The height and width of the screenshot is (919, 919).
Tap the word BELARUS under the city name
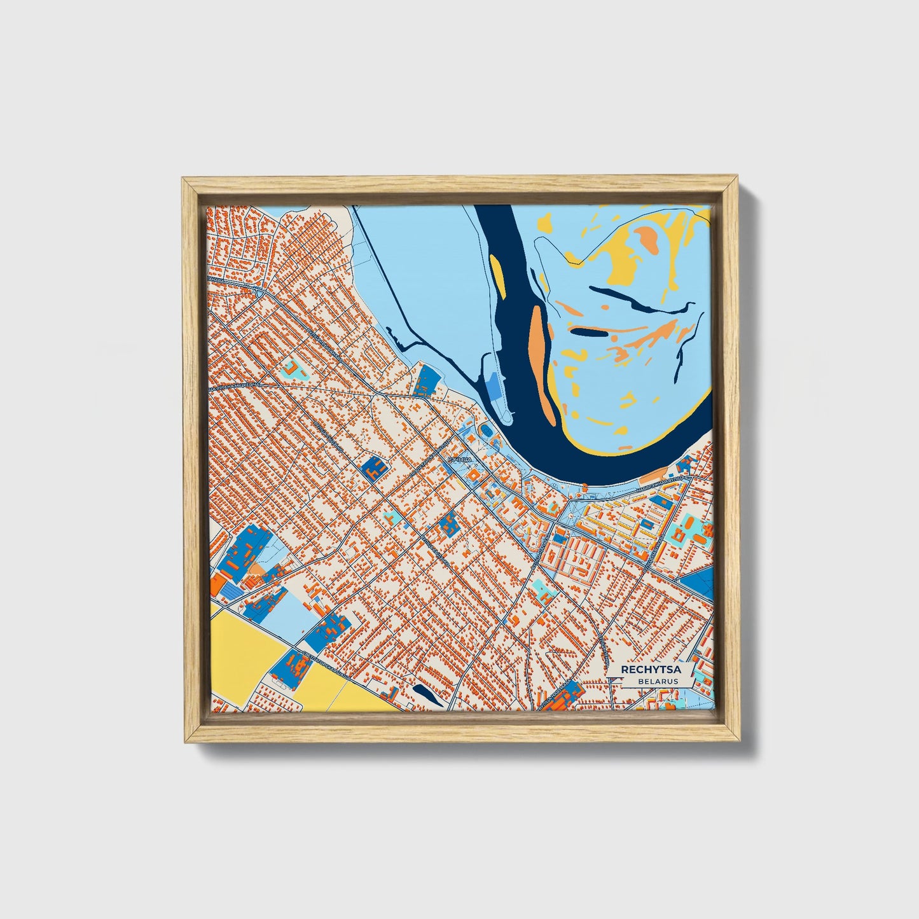660,681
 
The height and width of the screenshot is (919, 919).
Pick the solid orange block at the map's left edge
218,584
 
